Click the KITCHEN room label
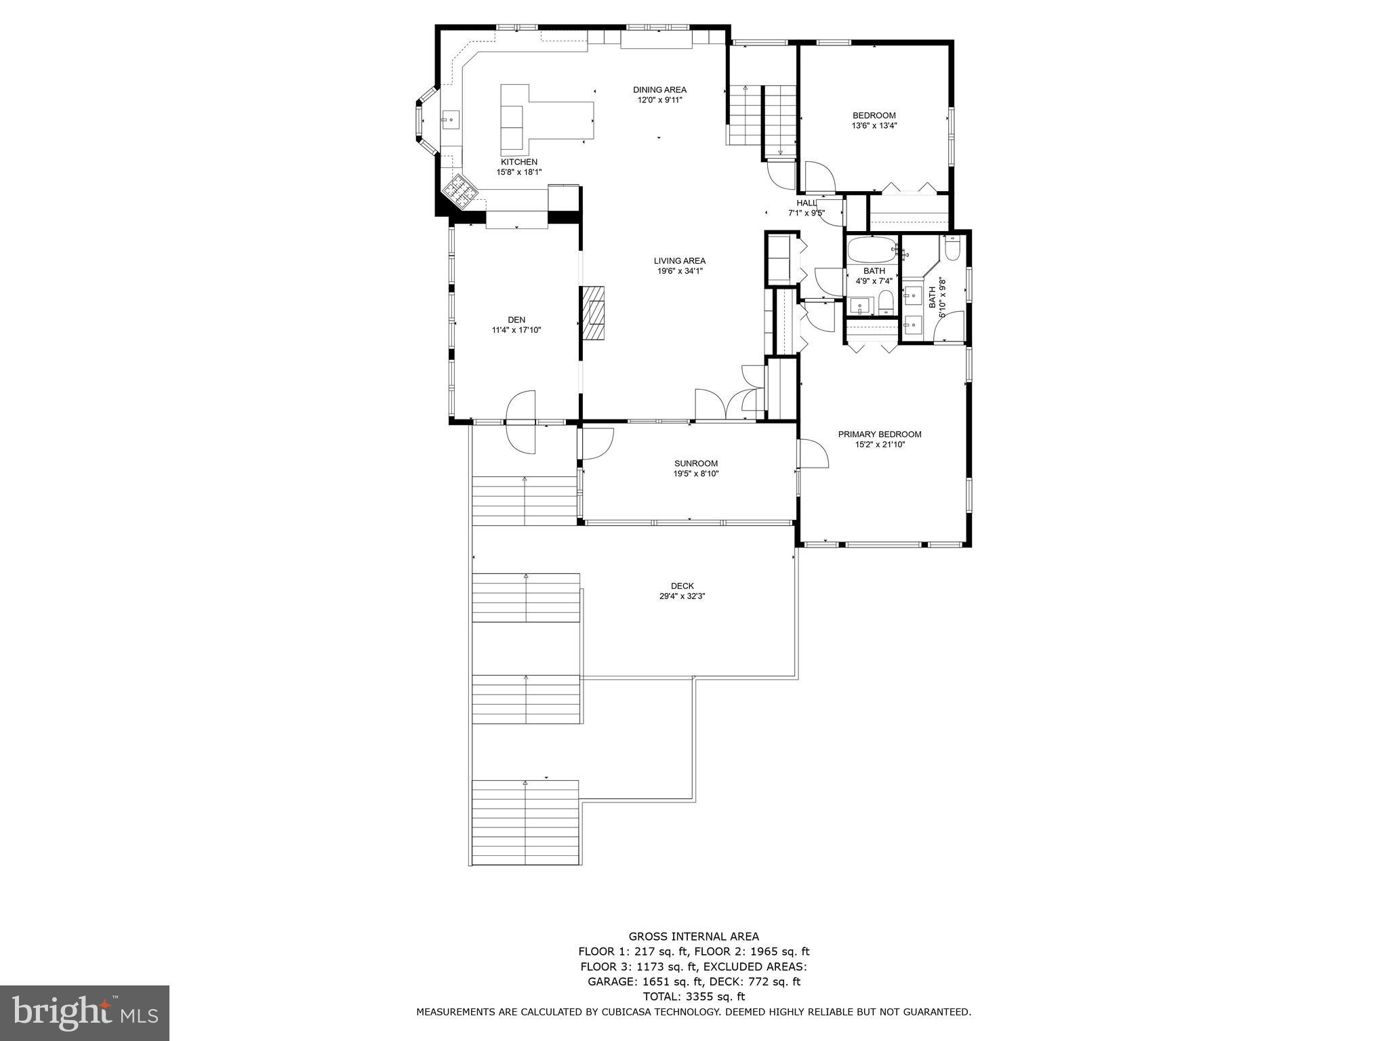[x=519, y=162]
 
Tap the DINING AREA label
[x=659, y=89]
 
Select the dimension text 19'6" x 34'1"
[x=680, y=271]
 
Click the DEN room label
[x=516, y=320]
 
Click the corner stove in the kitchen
[x=460, y=190]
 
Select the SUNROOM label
[x=691, y=464]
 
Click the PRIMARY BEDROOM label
[x=880, y=434]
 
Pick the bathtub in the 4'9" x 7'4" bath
[x=872, y=250]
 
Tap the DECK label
[x=682, y=586]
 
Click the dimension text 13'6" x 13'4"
[x=874, y=125]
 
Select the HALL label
[x=807, y=203]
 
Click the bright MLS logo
[x=85, y=1013]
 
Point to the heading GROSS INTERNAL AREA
[x=693, y=937]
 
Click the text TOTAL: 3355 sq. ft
[x=693, y=996]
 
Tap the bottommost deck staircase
[x=526, y=822]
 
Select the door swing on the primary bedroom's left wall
[x=813, y=453]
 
